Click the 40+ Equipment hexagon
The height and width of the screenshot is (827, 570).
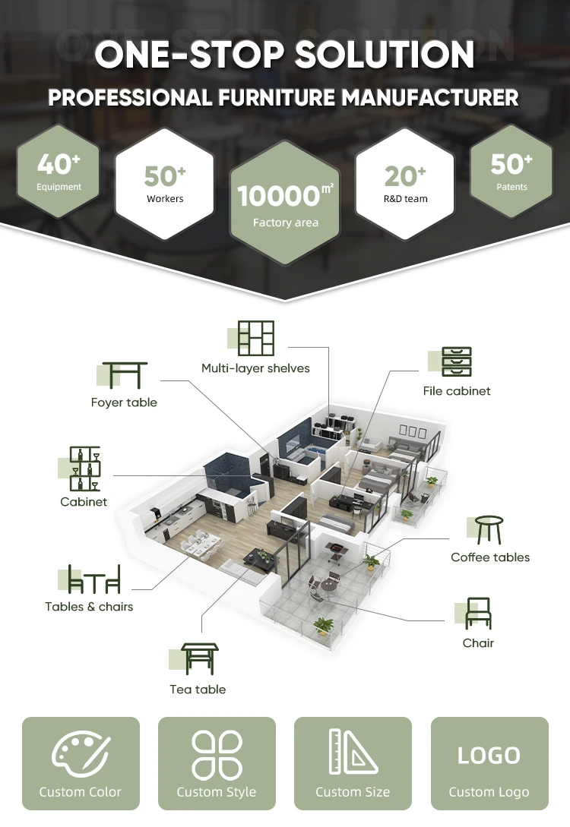pos(59,172)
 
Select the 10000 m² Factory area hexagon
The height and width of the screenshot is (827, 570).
pos(285,203)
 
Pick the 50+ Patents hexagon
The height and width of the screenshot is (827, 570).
pos(511,172)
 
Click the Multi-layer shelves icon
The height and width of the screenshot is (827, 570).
pos(255,339)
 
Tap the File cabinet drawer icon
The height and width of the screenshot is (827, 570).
pos(457,362)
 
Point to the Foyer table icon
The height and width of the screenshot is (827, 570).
pos(125,375)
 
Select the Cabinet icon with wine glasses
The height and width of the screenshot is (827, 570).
pos(84,469)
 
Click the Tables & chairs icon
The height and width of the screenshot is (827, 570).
pos(94,579)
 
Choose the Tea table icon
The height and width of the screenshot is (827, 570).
pos(198,658)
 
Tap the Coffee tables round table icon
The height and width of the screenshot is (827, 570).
pos(489,530)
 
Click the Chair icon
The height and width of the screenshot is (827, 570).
pos(478,613)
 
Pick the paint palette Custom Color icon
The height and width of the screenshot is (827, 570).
pos(81,751)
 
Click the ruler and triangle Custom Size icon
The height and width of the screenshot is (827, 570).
pos(353,753)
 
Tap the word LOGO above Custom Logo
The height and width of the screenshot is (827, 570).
pos(489,756)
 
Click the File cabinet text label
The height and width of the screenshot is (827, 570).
pos(457,391)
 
